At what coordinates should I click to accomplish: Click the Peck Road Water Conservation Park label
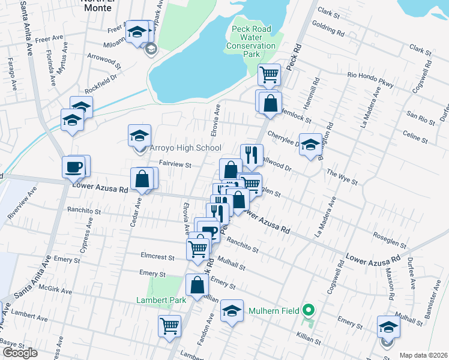(252, 41)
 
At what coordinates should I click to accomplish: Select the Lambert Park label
(158, 299)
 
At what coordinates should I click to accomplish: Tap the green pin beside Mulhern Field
(309, 311)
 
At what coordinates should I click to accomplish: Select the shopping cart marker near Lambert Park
(170, 326)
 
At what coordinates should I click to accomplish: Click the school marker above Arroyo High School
(139, 135)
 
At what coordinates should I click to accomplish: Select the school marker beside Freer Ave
(137, 32)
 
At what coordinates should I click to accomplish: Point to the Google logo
(20, 353)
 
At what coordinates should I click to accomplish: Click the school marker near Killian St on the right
(388, 327)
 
